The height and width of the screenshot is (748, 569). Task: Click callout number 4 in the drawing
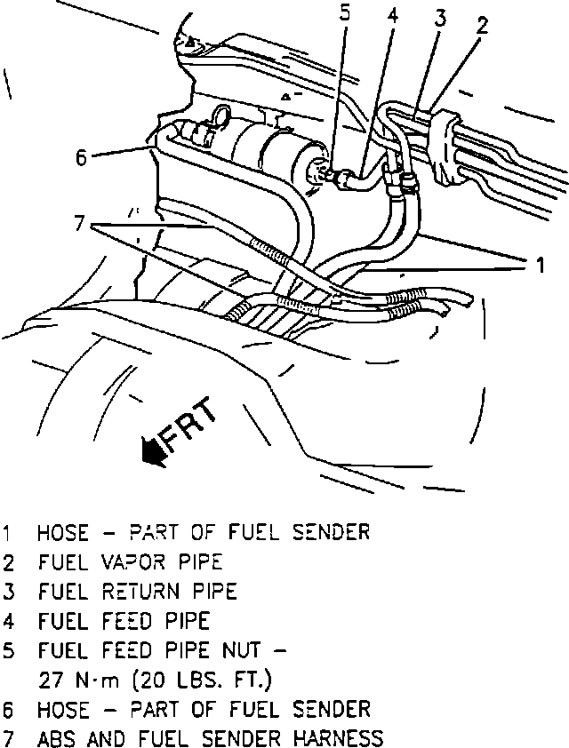391,16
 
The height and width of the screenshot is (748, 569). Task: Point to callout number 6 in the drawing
81,158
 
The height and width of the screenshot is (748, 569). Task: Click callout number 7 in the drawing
80,223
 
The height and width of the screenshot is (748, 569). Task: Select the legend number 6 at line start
9,710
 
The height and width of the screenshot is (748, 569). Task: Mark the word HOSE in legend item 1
62,533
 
